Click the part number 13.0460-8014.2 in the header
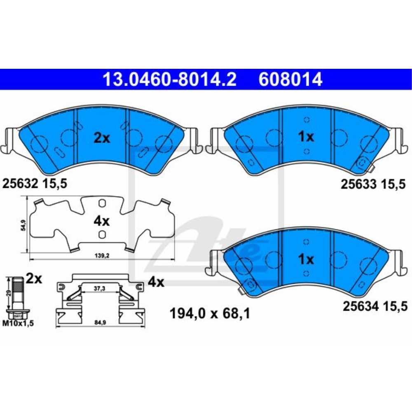[x=169, y=80]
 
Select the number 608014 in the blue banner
[x=290, y=80]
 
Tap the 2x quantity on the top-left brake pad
[x=102, y=138]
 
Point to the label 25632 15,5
[x=35, y=183]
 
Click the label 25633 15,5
[x=373, y=184]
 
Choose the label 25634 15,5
[x=375, y=306]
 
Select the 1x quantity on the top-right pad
[x=306, y=137]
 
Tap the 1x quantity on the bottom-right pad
[x=306, y=259]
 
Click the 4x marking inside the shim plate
[x=101, y=221]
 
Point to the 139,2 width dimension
[x=102, y=255]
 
